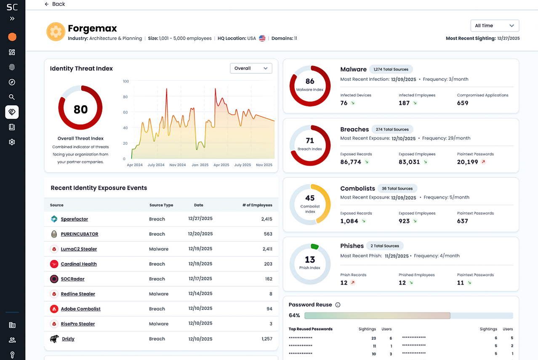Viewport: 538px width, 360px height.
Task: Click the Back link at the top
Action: pyautogui.click(x=55, y=4)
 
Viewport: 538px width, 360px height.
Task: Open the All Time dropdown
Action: pyautogui.click(x=495, y=26)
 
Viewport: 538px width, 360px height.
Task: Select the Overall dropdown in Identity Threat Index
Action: pyautogui.click(x=251, y=68)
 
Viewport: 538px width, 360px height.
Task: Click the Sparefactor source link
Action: pyautogui.click(x=74, y=219)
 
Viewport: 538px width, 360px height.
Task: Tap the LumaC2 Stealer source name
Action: pyautogui.click(x=79, y=249)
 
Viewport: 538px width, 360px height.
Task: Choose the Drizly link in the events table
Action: pyautogui.click(x=68, y=339)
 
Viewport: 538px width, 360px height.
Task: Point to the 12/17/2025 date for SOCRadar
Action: pyautogui.click(x=200, y=279)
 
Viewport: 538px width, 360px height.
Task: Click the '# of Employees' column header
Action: pyautogui.click(x=257, y=205)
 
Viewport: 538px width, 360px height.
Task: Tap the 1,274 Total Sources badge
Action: pyautogui.click(x=391, y=69)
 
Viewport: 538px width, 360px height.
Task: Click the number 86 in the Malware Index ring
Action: pyautogui.click(x=310, y=82)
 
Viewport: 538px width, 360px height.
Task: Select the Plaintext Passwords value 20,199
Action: pyautogui.click(x=467, y=162)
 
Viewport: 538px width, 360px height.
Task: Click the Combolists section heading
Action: pyautogui.click(x=357, y=189)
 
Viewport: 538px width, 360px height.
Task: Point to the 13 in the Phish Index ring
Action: pyautogui.click(x=310, y=260)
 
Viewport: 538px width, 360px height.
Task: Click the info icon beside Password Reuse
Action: pyautogui.click(x=338, y=305)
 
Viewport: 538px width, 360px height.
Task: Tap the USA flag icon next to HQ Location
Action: pyautogui.click(x=262, y=38)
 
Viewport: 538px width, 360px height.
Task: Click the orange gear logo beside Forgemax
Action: pyautogui.click(x=56, y=32)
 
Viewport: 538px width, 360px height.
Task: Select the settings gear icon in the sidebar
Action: pyautogui.click(x=12, y=142)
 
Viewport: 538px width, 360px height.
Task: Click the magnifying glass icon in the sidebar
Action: pyautogui.click(x=12, y=97)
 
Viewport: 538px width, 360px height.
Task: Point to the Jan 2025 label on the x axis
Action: pyautogui.click(x=200, y=165)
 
